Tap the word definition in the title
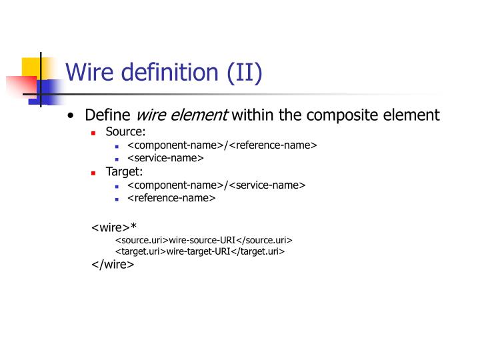[x=171, y=72]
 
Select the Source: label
[x=125, y=133]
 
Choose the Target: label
[x=125, y=172]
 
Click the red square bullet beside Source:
[x=94, y=133]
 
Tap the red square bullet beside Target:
[x=94, y=173]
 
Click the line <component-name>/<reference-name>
[x=222, y=146]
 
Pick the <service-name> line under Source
[x=165, y=159]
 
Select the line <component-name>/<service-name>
[x=216, y=185]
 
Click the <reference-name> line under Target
[x=171, y=198]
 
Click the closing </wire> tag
[x=113, y=264]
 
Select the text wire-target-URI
[x=198, y=251]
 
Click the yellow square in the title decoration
[x=31, y=67]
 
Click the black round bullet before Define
[x=71, y=116]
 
